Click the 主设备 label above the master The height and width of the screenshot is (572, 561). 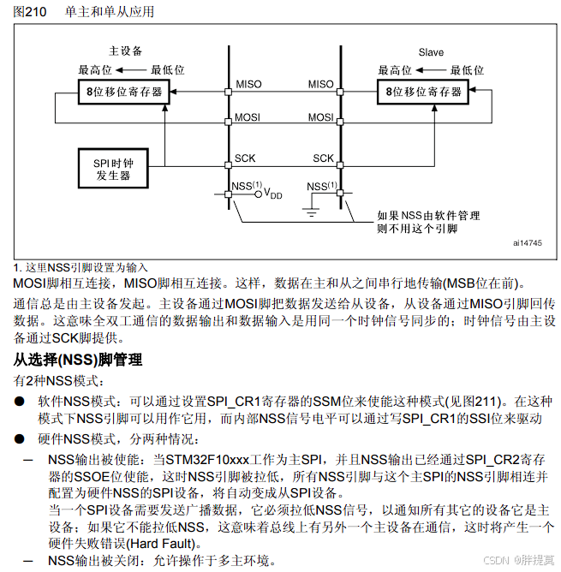[126, 51]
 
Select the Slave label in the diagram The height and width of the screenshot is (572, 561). [431, 52]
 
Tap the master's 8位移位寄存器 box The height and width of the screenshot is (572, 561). [124, 91]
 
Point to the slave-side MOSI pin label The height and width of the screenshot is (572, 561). [321, 117]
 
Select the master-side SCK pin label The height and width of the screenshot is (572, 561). [244, 158]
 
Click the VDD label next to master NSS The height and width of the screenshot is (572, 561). [272, 194]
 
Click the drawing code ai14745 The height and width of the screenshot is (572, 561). [527, 243]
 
